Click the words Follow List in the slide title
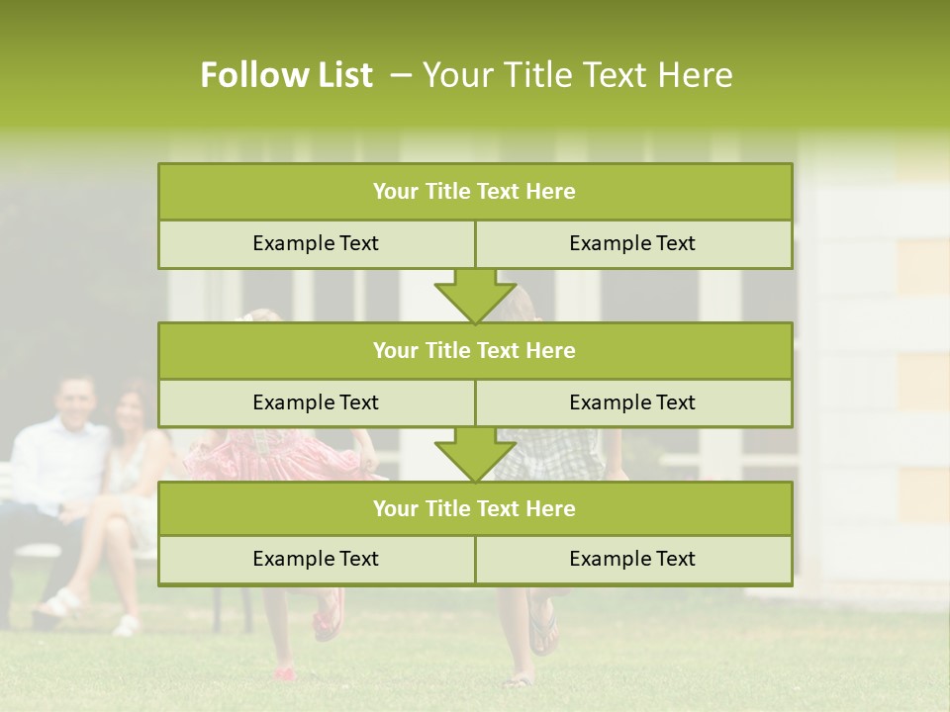(286, 75)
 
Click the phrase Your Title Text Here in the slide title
(577, 75)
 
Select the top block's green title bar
(475, 192)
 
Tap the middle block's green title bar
(475, 350)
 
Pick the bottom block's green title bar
(475, 508)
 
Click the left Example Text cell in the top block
(316, 243)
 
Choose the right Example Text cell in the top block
(632, 243)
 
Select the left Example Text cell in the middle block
(316, 402)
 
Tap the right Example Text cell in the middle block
(632, 402)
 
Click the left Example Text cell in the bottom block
(316, 559)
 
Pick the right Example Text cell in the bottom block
(632, 559)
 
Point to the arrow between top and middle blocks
(475, 296)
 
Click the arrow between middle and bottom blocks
(475, 454)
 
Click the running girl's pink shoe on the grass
(286, 673)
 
